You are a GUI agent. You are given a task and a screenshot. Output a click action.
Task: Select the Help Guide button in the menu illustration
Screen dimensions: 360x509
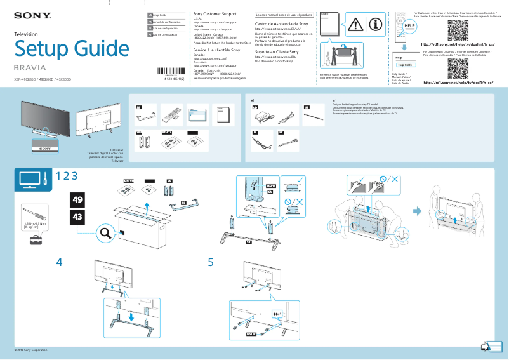click(x=405, y=65)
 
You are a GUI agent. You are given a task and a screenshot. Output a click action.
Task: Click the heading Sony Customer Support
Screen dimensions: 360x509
click(x=215, y=13)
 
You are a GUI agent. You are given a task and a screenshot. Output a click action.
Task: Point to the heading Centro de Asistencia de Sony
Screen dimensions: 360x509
click(x=281, y=23)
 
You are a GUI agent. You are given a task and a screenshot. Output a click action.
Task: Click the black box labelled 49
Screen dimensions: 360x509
click(x=77, y=200)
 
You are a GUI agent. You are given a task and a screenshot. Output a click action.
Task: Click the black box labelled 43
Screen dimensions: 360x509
click(x=77, y=217)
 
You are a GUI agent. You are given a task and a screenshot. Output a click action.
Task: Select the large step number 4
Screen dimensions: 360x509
click(x=59, y=261)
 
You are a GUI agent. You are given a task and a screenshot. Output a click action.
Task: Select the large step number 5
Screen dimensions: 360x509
click(x=211, y=261)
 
